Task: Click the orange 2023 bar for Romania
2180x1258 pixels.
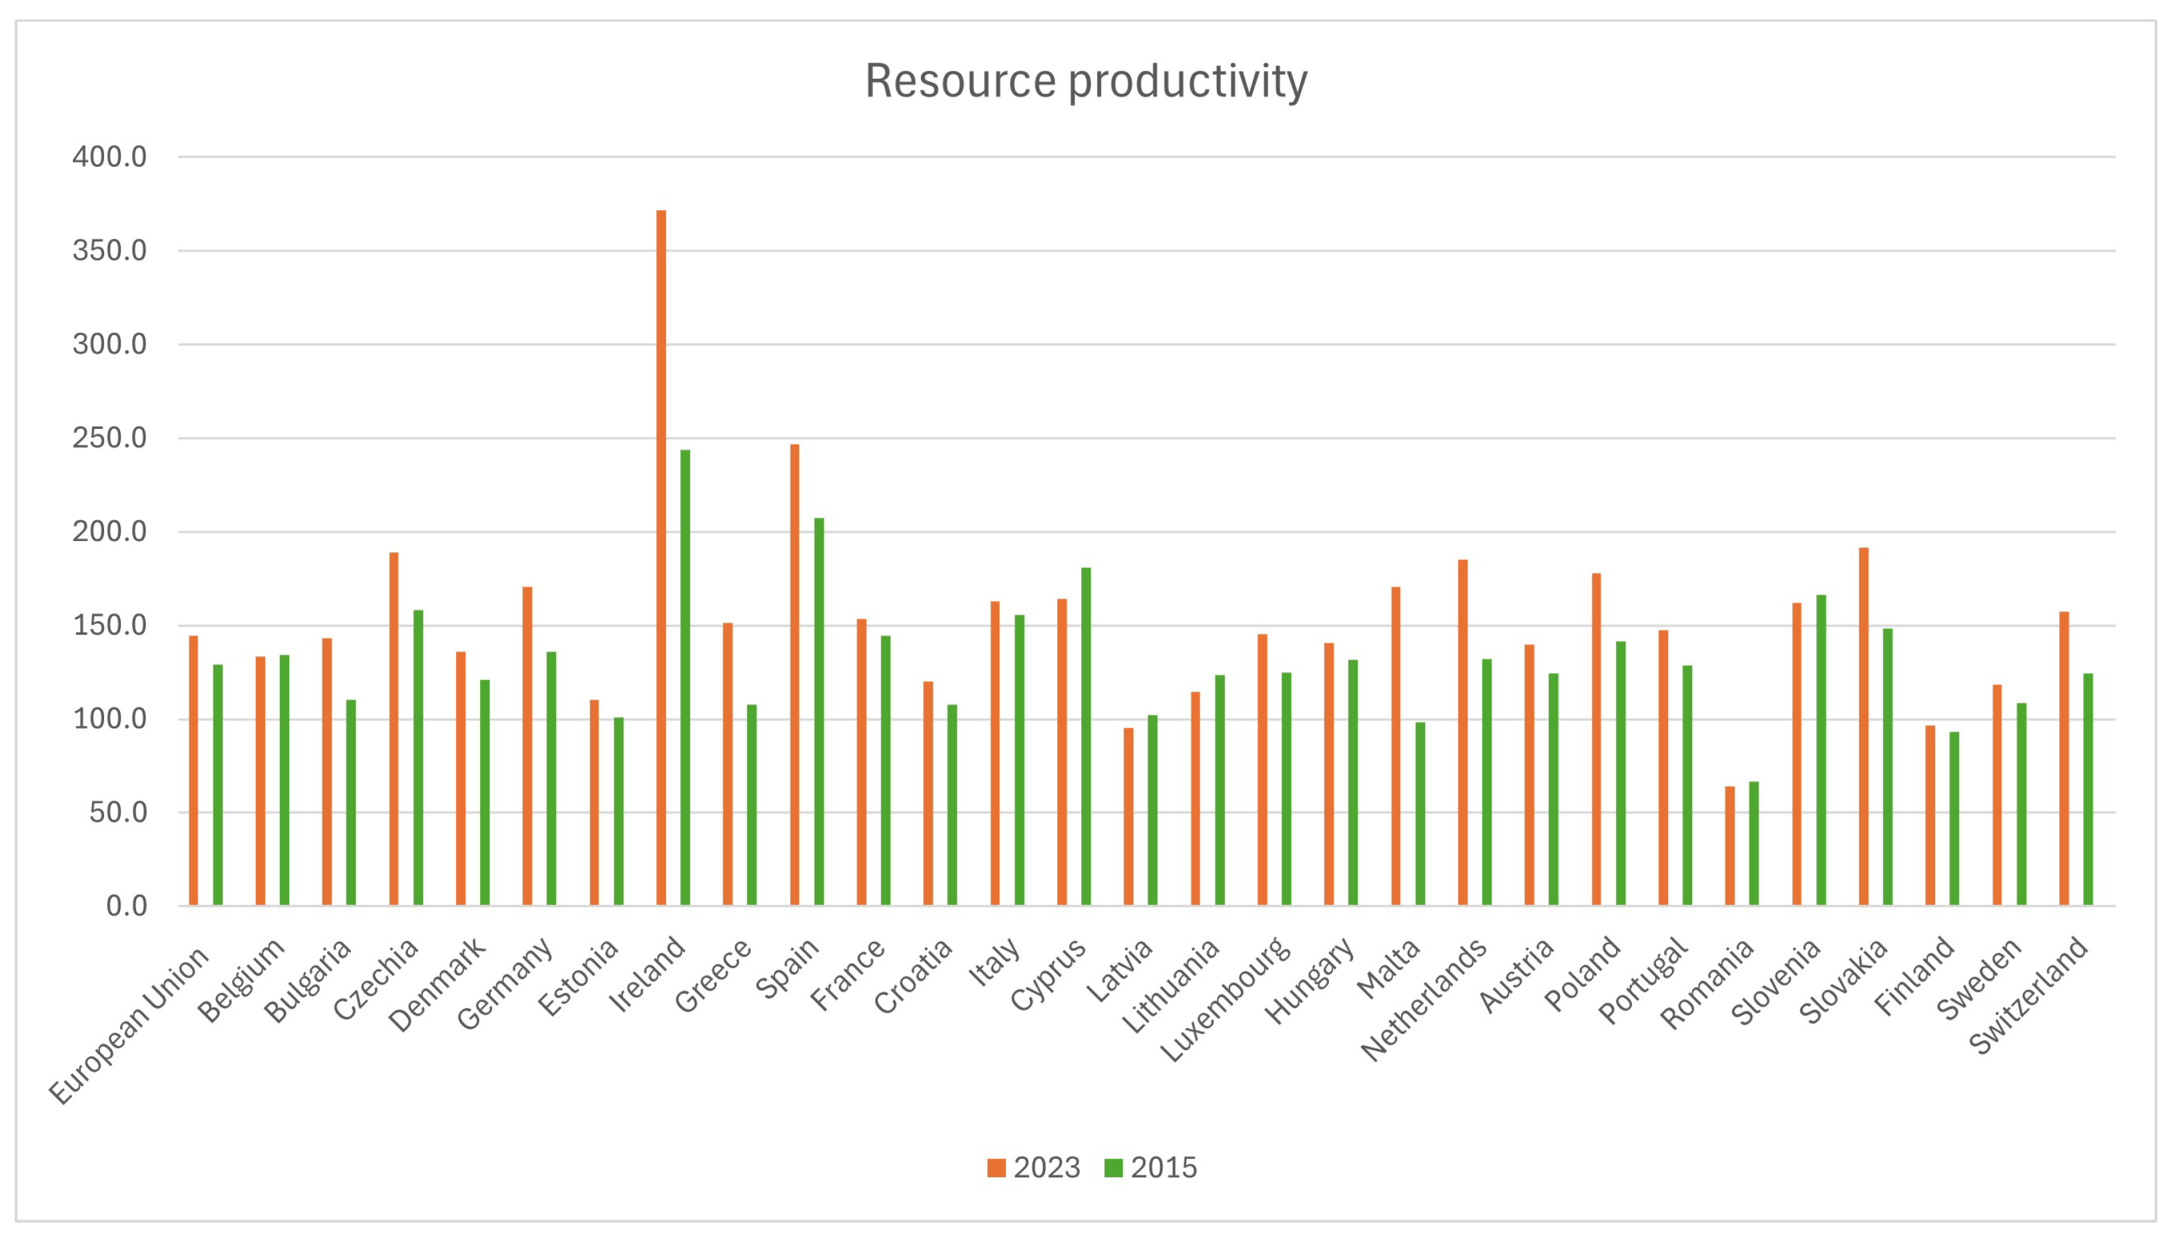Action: (x=1729, y=846)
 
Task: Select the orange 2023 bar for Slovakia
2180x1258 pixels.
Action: (x=1864, y=726)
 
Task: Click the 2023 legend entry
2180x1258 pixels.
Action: (x=1034, y=1168)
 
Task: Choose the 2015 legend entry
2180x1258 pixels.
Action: (x=1151, y=1168)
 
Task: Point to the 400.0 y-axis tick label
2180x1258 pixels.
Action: (x=109, y=157)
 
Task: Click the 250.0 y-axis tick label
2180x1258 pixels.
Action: (x=109, y=438)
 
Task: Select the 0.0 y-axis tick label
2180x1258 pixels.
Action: (x=126, y=906)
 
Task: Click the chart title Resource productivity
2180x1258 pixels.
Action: (x=1086, y=81)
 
